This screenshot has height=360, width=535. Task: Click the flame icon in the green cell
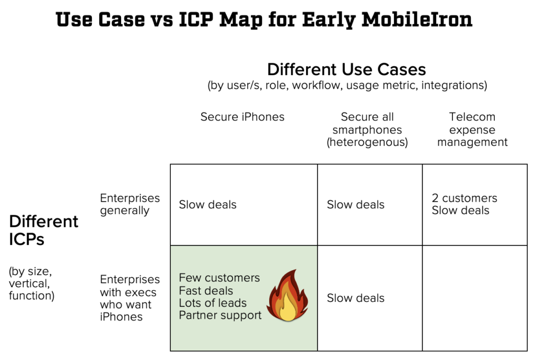[x=287, y=296]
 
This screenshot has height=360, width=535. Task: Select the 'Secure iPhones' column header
[x=242, y=117]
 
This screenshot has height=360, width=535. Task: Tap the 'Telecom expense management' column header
[x=472, y=130]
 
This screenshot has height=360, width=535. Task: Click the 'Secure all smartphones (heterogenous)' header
[x=367, y=130]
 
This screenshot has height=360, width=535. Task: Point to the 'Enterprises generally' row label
[x=130, y=204]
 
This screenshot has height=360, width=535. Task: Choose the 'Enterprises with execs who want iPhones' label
[x=130, y=298]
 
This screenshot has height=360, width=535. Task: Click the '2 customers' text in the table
[x=464, y=198]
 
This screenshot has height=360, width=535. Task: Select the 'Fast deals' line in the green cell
[x=206, y=291]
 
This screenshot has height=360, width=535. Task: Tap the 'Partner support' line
[x=220, y=315]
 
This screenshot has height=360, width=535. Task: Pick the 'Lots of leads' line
[x=213, y=303]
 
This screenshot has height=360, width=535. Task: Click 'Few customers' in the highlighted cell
[x=219, y=278]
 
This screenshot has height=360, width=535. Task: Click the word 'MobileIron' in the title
[x=417, y=19]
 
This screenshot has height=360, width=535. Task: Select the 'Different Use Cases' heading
[x=346, y=69]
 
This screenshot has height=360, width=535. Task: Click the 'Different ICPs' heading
[x=44, y=230]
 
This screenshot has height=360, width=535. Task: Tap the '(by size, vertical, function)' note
[x=32, y=283]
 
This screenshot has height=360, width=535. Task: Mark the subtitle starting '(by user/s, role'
[x=347, y=85]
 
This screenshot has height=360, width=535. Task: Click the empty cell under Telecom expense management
[x=475, y=298]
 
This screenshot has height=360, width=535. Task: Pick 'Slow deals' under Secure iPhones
[x=207, y=204]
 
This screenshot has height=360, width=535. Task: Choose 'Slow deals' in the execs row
[x=355, y=298]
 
